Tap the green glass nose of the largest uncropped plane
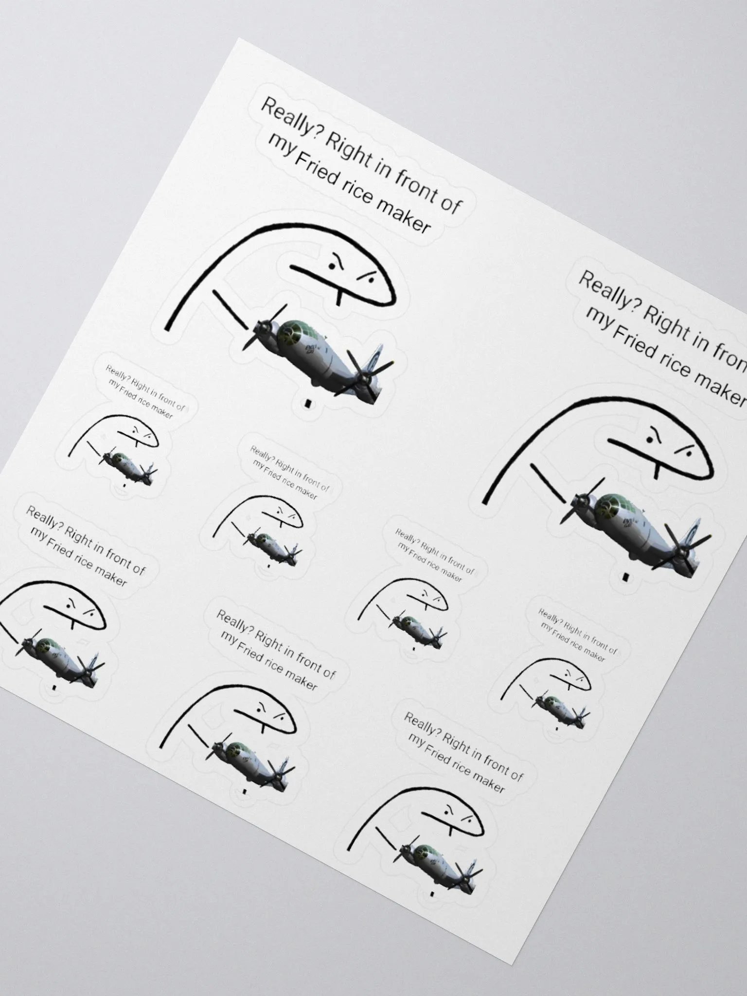click(292, 331)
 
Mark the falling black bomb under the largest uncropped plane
click(307, 403)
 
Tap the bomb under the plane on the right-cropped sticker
click(625, 577)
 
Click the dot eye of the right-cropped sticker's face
click(650, 440)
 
